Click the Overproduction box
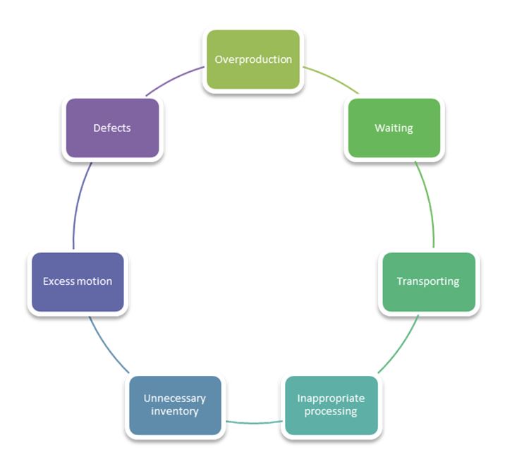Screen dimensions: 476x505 [x=253, y=59]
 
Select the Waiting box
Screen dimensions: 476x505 [x=394, y=128]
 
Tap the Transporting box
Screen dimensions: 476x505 [x=428, y=281]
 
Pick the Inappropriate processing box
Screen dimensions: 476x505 [x=331, y=405]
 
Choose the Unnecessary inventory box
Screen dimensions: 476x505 [x=175, y=405]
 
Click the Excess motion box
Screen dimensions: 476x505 [x=78, y=281]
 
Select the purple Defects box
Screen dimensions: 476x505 [x=112, y=128]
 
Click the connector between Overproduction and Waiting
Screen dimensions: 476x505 [x=331, y=79]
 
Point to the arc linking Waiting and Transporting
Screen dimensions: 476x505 [x=428, y=205]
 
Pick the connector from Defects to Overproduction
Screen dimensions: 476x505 [x=174, y=80]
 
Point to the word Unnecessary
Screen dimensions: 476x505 [x=175, y=398]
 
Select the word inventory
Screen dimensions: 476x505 [x=175, y=411]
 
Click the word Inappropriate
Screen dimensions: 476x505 [x=331, y=398]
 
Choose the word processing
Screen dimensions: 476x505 [x=331, y=411]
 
